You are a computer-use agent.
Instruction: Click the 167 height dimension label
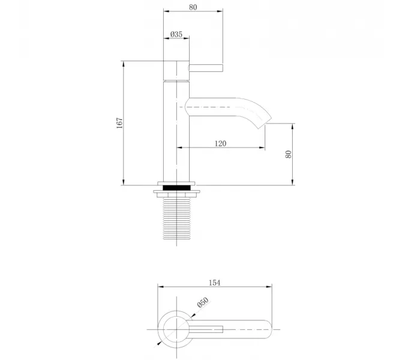tap(120, 122)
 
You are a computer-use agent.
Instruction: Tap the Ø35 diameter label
tap(176, 34)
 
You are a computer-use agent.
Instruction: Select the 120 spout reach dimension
tap(220, 143)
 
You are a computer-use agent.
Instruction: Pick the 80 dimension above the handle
tap(193, 7)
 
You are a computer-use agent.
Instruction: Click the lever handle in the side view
tap(206, 67)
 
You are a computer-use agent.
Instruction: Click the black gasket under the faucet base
tap(177, 187)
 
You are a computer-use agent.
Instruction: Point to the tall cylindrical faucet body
tap(176, 132)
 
